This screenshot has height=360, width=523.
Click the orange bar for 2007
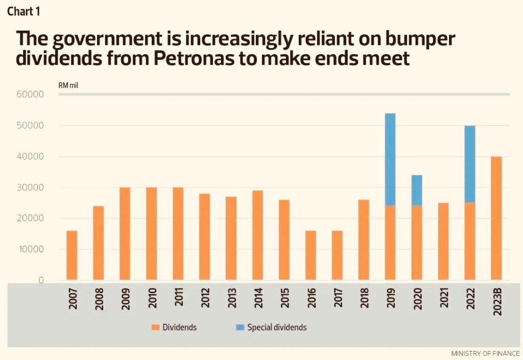point(72,255)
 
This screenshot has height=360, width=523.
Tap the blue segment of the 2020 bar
point(417,190)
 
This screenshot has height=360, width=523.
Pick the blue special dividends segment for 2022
point(470,164)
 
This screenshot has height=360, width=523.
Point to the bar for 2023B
point(496,219)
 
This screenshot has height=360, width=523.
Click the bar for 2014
point(257,235)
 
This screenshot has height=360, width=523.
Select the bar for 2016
point(311,255)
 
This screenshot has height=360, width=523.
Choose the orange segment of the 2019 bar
point(390,243)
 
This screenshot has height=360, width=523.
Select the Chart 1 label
point(23,11)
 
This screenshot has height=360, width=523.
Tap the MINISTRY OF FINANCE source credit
point(485,353)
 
